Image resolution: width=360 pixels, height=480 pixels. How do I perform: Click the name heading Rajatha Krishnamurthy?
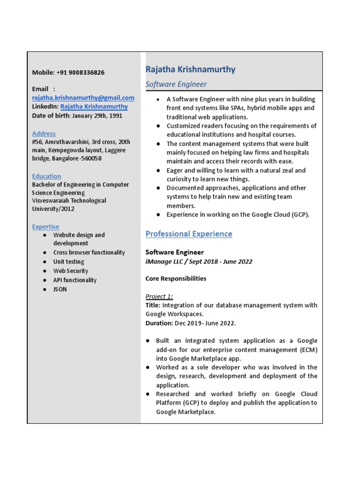tap(190, 70)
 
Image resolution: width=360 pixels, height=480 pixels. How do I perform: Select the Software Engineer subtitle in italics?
tap(176, 84)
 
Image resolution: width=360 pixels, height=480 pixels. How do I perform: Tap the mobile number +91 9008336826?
tap(80, 73)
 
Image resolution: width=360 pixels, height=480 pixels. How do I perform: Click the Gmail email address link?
tap(83, 97)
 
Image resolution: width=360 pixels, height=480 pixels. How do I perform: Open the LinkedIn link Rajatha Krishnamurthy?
tap(94, 106)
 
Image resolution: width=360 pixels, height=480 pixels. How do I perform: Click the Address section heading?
tap(44, 134)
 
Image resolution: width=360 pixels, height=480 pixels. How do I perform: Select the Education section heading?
tap(46, 176)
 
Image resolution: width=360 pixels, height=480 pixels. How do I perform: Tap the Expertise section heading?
tap(45, 226)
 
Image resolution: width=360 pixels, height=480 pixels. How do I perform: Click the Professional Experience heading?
tap(188, 234)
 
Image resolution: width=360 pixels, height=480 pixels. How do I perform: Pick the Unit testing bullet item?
tap(68, 262)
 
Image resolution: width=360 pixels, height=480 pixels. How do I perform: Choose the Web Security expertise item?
tap(70, 271)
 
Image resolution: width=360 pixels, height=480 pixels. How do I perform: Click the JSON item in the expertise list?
tap(60, 289)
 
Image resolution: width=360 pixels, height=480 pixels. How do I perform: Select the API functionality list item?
tap(75, 280)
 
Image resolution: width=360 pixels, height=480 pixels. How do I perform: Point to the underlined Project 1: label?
tap(159, 296)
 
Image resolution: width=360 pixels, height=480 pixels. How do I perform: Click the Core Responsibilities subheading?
tap(175, 278)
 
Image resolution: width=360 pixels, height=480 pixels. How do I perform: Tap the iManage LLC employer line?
tap(199, 262)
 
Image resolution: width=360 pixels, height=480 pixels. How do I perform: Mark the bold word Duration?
tap(159, 323)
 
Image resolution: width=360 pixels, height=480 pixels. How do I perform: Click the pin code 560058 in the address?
tap(92, 158)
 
